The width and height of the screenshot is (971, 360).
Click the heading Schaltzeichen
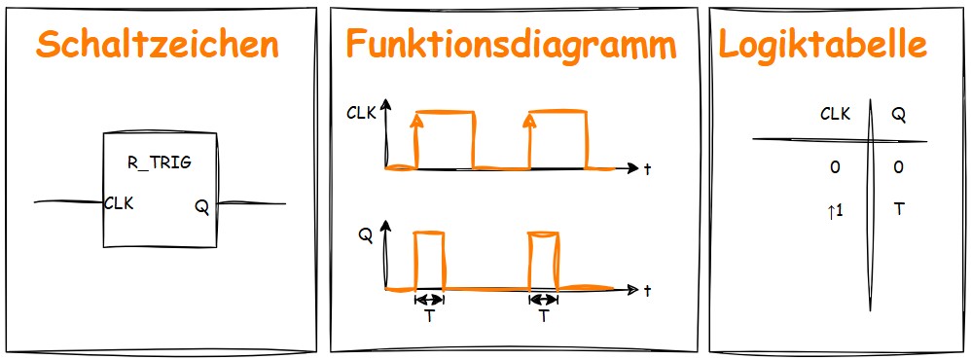[x=157, y=46]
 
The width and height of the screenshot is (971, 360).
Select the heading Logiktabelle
[x=822, y=46]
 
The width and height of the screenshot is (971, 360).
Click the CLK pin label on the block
[x=119, y=203]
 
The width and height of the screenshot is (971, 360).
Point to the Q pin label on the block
[x=201, y=206]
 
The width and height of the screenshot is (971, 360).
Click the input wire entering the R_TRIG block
[x=68, y=202]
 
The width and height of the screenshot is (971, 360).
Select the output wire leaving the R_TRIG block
[x=251, y=203]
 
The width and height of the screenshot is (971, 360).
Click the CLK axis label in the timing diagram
[x=362, y=113]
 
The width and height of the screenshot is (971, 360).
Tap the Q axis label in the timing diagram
[x=365, y=234]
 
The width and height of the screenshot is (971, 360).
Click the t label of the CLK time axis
[x=647, y=169]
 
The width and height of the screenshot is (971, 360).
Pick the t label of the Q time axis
[x=647, y=291]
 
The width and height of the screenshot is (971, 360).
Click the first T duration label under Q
[x=429, y=316]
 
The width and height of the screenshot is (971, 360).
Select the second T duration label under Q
[x=543, y=316]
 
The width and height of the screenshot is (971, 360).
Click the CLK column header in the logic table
[x=835, y=114]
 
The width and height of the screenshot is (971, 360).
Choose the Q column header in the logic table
[x=898, y=114]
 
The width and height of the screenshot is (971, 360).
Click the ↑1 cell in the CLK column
[x=834, y=208]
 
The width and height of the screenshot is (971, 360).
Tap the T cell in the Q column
[x=898, y=208]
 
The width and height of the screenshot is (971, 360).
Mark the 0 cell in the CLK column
[x=834, y=168]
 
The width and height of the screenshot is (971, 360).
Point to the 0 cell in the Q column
[x=898, y=168]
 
